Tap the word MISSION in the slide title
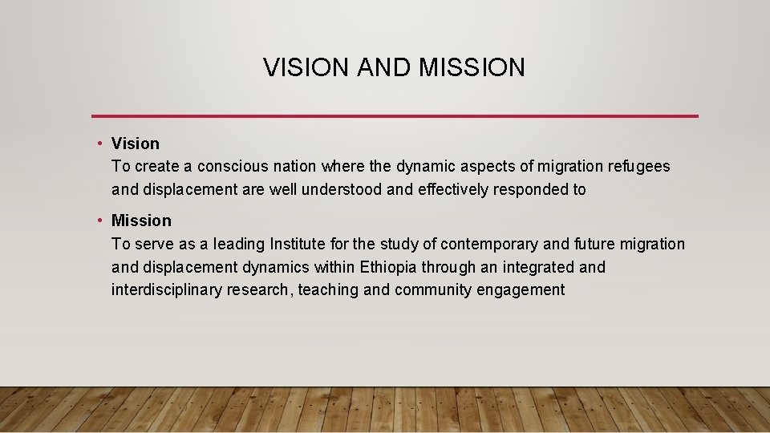(472, 67)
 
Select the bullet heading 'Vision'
(136, 144)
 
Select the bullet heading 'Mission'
(141, 221)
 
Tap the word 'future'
(569, 244)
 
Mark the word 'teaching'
(328, 290)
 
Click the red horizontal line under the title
(395, 116)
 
